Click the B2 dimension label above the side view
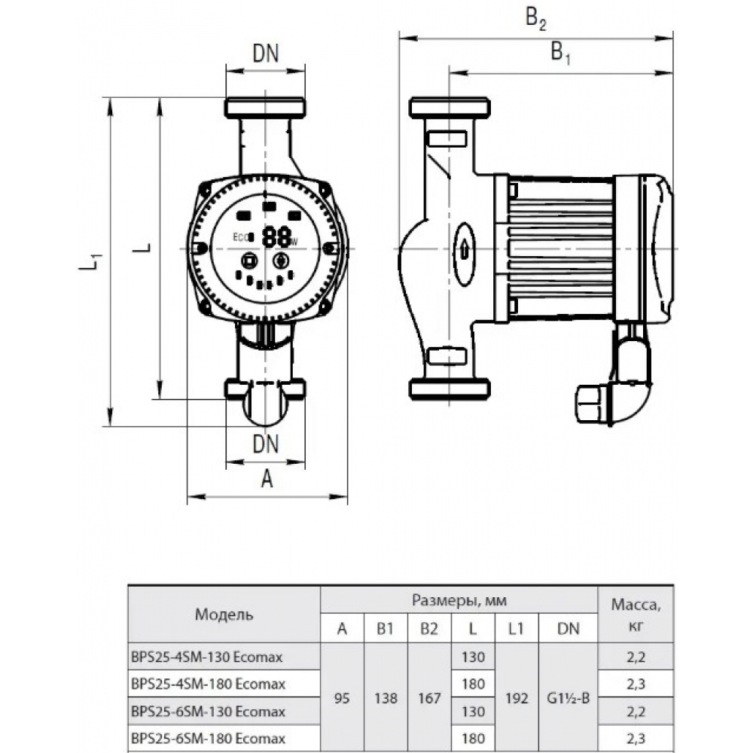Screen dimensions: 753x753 click(535, 21)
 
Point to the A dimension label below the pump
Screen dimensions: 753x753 click(266, 479)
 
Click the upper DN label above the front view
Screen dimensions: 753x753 click(265, 53)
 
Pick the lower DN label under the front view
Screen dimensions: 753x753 click(265, 444)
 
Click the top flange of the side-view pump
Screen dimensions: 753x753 click(450, 108)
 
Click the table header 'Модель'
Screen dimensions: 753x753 click(224, 614)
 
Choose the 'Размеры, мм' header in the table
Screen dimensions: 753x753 click(459, 601)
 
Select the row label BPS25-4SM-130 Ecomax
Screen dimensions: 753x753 click(207, 657)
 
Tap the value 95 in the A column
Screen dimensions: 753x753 click(343, 697)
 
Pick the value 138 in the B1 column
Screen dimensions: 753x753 click(386, 697)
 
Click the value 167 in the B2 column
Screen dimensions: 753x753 click(429, 697)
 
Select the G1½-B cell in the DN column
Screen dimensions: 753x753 click(569, 697)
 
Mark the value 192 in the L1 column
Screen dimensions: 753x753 click(517, 697)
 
